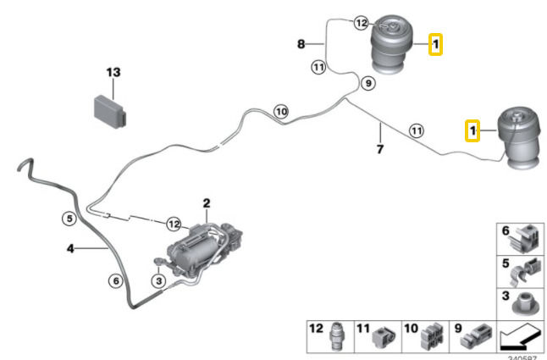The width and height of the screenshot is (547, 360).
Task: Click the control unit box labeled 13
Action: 107,108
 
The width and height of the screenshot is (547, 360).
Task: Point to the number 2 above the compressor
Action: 205,203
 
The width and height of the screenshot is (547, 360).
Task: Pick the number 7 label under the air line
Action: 380,149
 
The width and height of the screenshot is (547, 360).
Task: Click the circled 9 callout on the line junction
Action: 367,83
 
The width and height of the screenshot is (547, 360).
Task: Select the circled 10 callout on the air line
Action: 281,110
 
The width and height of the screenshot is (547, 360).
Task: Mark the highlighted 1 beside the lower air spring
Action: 474,130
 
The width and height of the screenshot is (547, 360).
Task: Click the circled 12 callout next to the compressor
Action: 174,224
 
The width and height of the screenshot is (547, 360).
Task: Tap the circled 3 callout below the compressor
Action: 157,280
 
